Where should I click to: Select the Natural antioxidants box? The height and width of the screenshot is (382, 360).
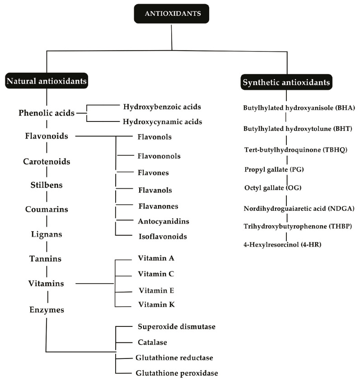point(47,81)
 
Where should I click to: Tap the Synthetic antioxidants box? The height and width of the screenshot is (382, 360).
point(287,83)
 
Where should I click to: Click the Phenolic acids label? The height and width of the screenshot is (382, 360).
point(47,113)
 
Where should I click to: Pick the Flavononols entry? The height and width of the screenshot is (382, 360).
point(159,156)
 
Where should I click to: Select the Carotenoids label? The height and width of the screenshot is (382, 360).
point(47,161)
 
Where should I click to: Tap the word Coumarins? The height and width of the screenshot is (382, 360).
point(47,209)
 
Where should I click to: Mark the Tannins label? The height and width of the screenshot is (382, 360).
point(47,259)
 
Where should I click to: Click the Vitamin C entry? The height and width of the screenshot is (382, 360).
point(156,274)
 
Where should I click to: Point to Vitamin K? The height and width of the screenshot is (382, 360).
point(156,305)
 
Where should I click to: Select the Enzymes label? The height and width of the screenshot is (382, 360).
point(47,310)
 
